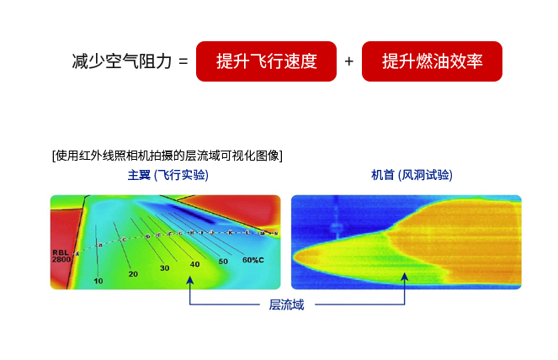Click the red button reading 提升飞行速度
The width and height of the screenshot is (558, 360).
266,61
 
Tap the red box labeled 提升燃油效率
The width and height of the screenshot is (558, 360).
432,61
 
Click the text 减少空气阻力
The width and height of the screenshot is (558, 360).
122,62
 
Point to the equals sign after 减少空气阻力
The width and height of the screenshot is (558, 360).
183,62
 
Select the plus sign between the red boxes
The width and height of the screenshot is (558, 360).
349,62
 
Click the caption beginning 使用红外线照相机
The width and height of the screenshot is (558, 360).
167,155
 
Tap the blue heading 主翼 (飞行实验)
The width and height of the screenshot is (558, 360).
167,176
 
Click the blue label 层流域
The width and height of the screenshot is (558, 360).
286,304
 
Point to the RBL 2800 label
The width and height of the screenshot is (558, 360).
62,256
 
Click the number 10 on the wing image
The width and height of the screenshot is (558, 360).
98,281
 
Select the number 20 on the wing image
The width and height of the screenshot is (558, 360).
133,274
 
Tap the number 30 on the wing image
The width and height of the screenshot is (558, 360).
164,268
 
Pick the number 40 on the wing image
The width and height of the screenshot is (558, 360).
195,264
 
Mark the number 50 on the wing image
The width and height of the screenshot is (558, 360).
223,262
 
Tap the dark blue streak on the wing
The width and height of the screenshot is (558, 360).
181,213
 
